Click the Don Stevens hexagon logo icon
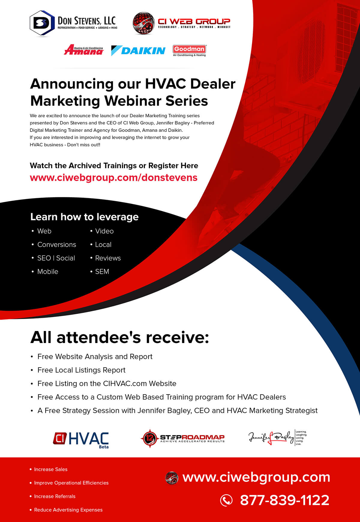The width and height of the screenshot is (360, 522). point(42,23)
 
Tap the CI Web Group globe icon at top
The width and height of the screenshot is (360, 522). point(143,23)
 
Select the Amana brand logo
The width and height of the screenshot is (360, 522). point(84,50)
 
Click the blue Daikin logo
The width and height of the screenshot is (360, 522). point(138,51)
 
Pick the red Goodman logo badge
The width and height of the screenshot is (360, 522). point(189,50)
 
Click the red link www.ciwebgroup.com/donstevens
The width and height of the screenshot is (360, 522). point(113,177)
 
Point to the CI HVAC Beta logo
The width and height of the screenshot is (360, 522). point(81,440)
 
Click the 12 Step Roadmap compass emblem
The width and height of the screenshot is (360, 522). point(149,438)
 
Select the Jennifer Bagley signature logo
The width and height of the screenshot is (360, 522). point(277,438)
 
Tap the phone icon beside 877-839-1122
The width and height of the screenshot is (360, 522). point(226,500)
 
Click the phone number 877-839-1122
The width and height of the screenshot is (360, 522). point(284,500)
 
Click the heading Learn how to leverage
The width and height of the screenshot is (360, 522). point(84,217)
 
